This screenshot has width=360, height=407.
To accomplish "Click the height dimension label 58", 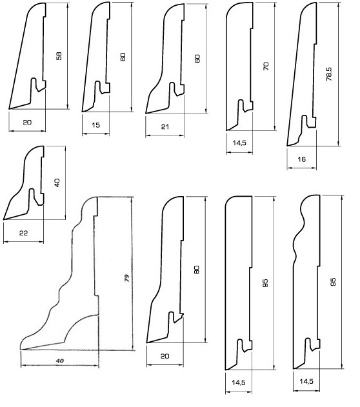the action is [59, 56].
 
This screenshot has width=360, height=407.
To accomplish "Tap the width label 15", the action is [95, 125].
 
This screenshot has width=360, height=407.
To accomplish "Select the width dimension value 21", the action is [165, 126].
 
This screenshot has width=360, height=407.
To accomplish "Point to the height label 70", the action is [266, 66].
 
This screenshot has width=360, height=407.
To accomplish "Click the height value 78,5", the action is [329, 74].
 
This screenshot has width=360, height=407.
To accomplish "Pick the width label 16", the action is [301, 159].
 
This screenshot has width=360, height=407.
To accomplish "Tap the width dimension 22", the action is [23, 233].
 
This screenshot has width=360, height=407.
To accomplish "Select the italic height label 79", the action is [126, 278].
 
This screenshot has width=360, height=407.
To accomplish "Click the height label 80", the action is [197, 270].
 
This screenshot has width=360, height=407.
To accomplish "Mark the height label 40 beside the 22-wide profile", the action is [57, 183].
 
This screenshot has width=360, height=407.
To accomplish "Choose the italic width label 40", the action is [60, 361].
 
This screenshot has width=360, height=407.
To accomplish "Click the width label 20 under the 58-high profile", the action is [27, 122].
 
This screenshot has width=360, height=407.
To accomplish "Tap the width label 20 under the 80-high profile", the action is [165, 356].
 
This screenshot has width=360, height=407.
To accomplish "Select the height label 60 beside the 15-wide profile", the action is [123, 57].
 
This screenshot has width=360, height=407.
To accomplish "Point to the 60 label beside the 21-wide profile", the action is [197, 59].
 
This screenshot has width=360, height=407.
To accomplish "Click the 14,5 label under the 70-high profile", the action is [239, 143].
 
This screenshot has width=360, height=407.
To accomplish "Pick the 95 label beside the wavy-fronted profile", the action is [333, 282].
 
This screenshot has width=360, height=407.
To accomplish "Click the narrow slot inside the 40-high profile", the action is [32, 197].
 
